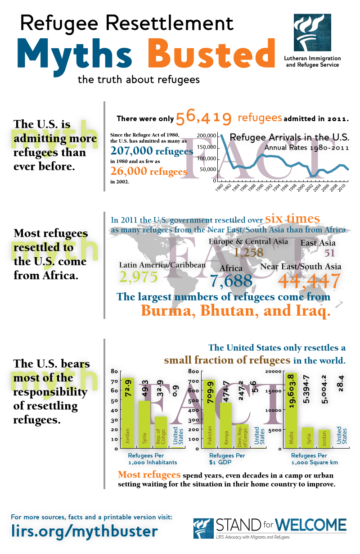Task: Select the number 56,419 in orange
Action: pyautogui.click(x=204, y=118)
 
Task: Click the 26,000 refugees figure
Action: pyautogui.click(x=148, y=172)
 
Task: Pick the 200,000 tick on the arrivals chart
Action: pyautogui.click(x=207, y=136)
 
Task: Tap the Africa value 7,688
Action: pyautogui.click(x=231, y=281)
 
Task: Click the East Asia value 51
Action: pyautogui.click(x=330, y=253)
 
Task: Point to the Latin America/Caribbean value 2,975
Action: pyautogui.click(x=139, y=277)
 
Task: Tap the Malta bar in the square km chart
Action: pyautogui.click(x=291, y=410)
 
